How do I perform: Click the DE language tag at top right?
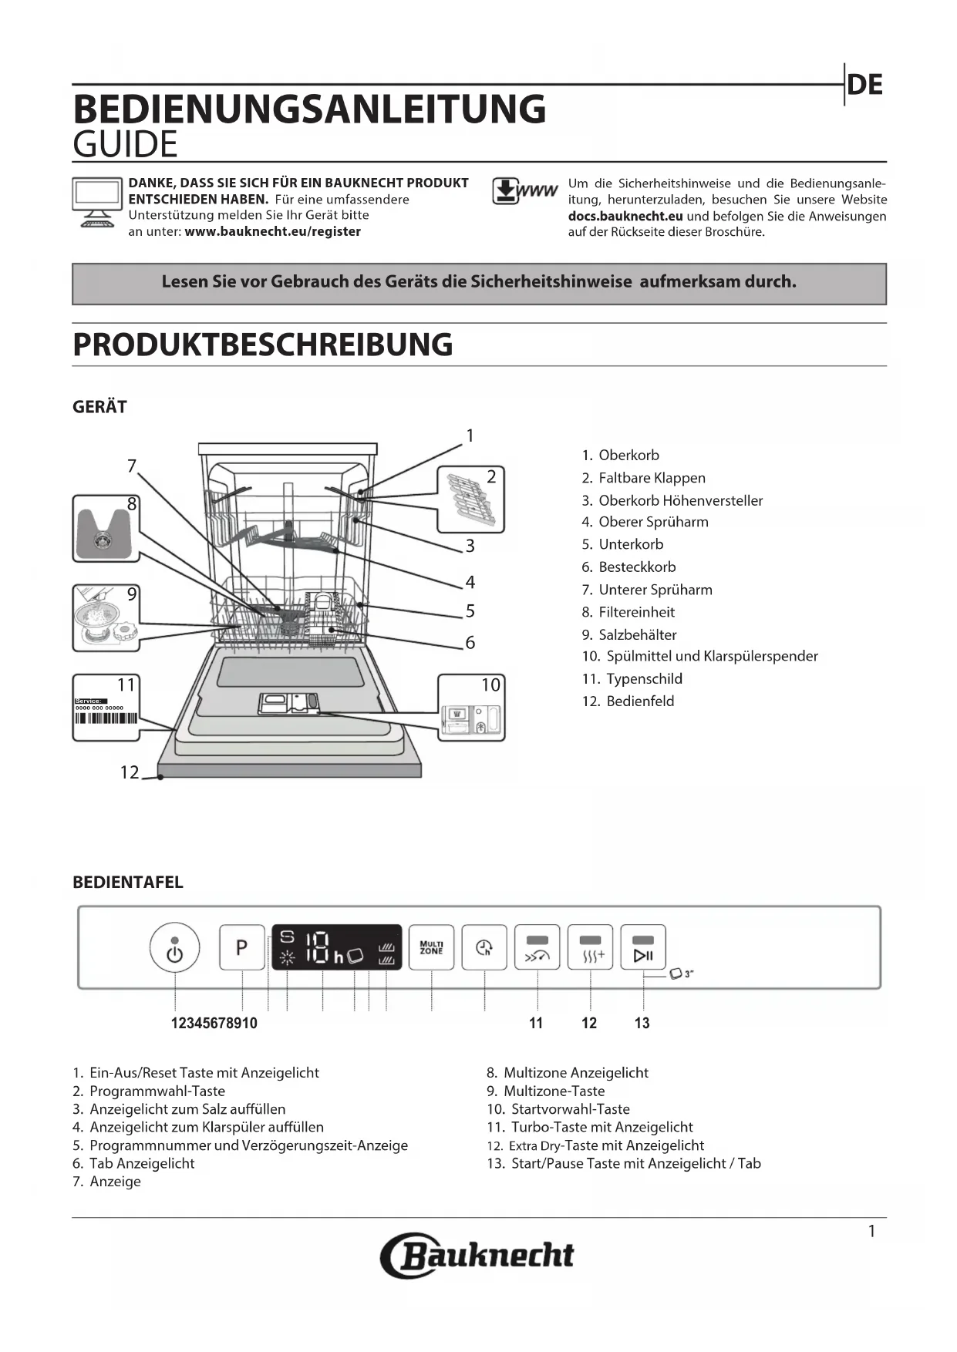pos(864,85)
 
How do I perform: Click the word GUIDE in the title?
pos(125,145)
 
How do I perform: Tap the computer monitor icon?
pos(97,203)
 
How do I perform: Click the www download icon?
pos(524,191)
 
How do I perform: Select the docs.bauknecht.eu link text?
pos(625,217)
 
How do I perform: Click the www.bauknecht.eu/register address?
pos(272,231)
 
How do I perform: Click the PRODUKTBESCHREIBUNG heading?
pos(262,345)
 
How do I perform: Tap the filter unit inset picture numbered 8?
pos(106,529)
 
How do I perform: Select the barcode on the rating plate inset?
pos(106,718)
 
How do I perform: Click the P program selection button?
pos(242,947)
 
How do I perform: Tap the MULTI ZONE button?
pos(431,947)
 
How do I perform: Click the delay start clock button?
pos(484,947)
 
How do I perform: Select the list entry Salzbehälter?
pos(637,635)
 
